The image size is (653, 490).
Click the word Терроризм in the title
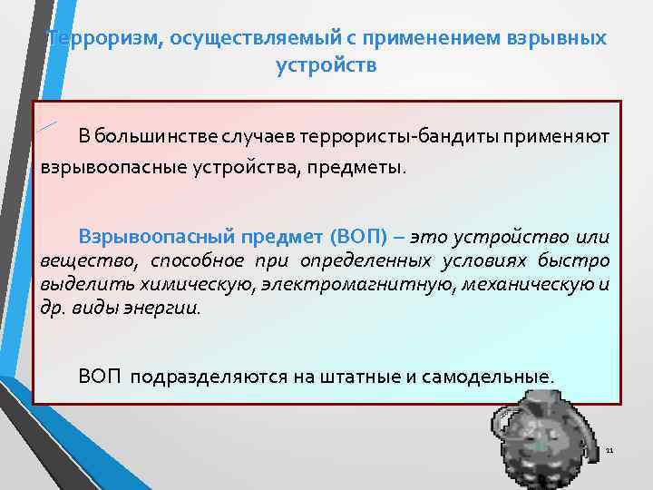pyautogui.click(x=89, y=39)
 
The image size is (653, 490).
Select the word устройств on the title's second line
pyautogui.click(x=326, y=66)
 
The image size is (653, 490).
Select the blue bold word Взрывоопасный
pyautogui.click(x=157, y=238)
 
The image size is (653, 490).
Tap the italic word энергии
pyautogui.click(x=170, y=307)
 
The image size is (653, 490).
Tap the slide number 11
pyautogui.click(x=609, y=451)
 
